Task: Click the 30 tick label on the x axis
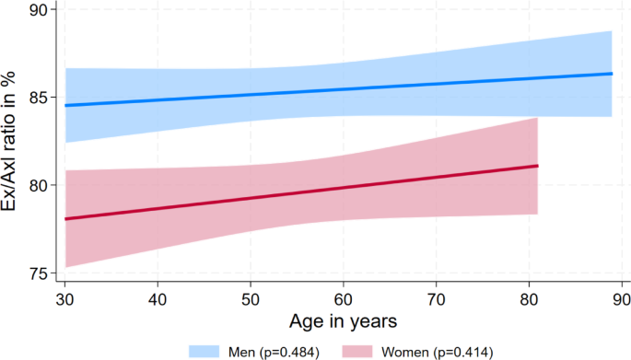[x=65, y=300]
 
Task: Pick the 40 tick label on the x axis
[x=158, y=300]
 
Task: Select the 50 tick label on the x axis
[x=251, y=300]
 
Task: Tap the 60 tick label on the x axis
[x=343, y=300]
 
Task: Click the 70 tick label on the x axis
[x=436, y=300]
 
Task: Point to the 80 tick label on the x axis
[x=528, y=300]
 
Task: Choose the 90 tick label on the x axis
[x=621, y=300]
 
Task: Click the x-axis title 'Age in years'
[x=343, y=321]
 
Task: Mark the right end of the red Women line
[x=537, y=166]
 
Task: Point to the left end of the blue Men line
[x=65, y=105]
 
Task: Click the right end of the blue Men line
[x=612, y=74]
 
